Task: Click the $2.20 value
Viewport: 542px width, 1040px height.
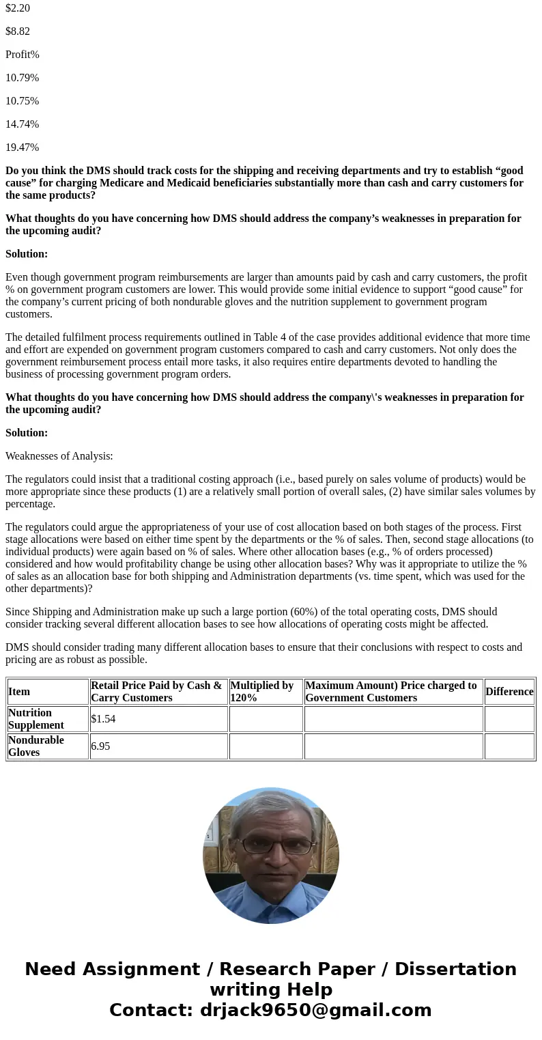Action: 18,8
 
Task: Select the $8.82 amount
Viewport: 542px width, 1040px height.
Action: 18,31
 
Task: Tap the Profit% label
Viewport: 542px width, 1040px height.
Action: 23,55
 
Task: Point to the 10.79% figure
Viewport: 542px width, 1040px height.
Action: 23,78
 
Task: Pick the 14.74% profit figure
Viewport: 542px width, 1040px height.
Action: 23,124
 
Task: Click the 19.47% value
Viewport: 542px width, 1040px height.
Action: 23,147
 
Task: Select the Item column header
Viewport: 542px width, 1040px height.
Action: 19,692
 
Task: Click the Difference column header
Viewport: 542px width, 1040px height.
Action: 509,692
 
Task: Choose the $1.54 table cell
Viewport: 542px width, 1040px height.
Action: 103,719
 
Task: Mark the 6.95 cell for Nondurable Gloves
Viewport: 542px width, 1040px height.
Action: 100,746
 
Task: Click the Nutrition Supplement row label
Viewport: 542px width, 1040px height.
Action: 36,719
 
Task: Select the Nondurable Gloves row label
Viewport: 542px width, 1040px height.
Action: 36,746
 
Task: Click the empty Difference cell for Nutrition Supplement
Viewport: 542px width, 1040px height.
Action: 509,719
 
